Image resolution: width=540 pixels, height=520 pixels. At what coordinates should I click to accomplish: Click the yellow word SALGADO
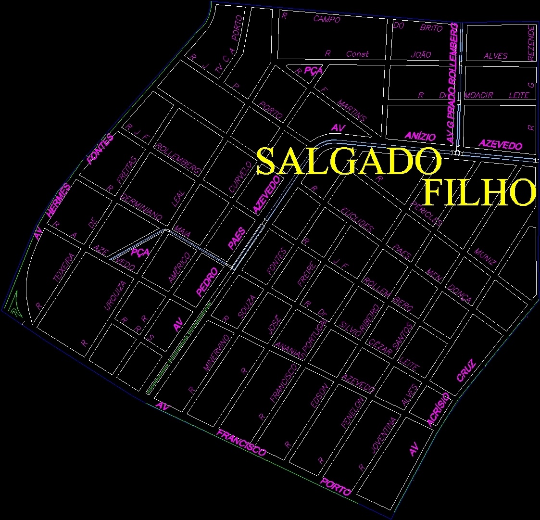[x=349, y=162]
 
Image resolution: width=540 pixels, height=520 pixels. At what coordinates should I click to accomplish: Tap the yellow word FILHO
[x=479, y=192]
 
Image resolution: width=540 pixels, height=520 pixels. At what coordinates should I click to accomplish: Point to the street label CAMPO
[x=327, y=19]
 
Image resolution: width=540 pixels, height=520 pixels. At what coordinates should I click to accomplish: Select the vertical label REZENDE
[x=531, y=43]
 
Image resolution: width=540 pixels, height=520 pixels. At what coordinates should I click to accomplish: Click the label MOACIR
[x=479, y=95]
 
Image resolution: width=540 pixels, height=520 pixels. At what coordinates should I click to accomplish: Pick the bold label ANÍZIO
[x=420, y=136]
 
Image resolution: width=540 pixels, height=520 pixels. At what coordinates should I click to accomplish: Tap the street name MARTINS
[x=352, y=111]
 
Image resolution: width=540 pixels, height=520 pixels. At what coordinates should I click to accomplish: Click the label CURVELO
[x=240, y=177]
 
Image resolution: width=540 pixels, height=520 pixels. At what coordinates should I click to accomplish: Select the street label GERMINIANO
[x=141, y=207]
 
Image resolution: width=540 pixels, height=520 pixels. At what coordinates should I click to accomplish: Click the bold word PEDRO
[x=207, y=281]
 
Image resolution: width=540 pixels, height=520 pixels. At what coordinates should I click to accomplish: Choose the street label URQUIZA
[x=115, y=295]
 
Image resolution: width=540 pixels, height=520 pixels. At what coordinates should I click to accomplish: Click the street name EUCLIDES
[x=356, y=219]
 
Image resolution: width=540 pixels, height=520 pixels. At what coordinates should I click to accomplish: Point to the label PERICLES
[x=427, y=213]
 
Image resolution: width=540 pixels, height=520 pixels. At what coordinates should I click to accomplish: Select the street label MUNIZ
[x=485, y=257]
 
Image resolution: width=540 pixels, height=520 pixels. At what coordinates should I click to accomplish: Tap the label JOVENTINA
[x=384, y=435]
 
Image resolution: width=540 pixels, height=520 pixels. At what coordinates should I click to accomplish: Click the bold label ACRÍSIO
[x=439, y=409]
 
